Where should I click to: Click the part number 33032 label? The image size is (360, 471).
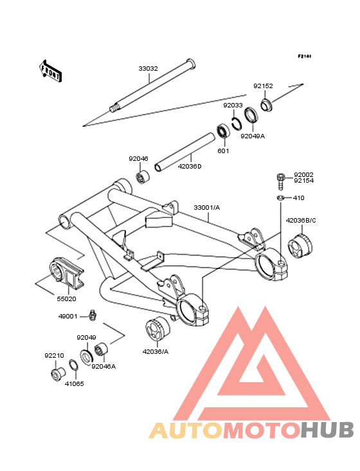pyautogui.click(x=148, y=68)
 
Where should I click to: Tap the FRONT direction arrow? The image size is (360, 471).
pyautogui.click(x=50, y=71)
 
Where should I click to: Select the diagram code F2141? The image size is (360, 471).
pyautogui.click(x=305, y=56)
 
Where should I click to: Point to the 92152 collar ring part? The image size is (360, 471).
pyautogui.click(x=266, y=104)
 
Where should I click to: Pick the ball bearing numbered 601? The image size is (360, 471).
pyautogui.click(x=223, y=131)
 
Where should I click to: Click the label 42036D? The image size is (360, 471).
pyautogui.click(x=190, y=166)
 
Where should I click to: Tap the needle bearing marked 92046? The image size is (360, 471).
pyautogui.click(x=143, y=177)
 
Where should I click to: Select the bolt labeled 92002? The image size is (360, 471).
pyautogui.click(x=280, y=181)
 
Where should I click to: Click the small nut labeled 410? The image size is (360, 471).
pyautogui.click(x=280, y=198)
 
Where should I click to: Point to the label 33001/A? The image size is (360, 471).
pyautogui.click(x=207, y=208)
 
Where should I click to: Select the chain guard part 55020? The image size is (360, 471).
pyautogui.click(x=66, y=274)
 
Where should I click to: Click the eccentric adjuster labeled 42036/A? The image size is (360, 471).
pyautogui.click(x=157, y=329)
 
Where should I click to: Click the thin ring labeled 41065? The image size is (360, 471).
pyautogui.click(x=74, y=365)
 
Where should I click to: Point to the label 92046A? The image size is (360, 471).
pyautogui.click(x=104, y=367)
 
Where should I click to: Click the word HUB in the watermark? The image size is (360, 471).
pyautogui.click(x=328, y=430)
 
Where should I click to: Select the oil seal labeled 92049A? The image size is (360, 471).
pyautogui.click(x=251, y=115)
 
